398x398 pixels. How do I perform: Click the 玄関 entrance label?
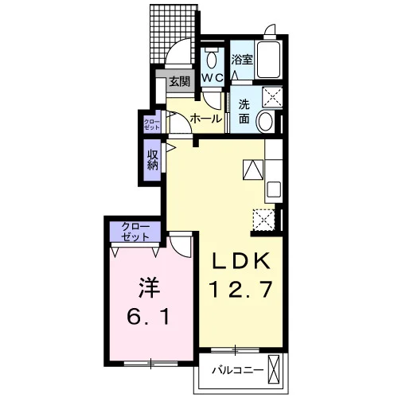(180, 82)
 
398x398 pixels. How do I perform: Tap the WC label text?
(213, 78)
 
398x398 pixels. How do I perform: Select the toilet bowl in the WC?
(212, 59)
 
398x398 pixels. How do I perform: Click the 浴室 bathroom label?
(242, 60)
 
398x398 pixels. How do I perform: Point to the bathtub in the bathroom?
(268, 60)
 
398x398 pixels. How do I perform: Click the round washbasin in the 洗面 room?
(265, 122)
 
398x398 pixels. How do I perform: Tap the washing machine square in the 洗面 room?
(272, 97)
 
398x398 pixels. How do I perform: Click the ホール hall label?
(206, 119)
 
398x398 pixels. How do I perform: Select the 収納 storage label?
(153, 160)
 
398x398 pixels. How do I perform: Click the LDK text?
(240, 261)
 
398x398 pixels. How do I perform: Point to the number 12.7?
(241, 289)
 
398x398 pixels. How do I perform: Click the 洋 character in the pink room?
(150, 287)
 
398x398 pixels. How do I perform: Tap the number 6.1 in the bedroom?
(148, 317)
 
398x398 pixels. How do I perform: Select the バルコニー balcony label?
(237, 370)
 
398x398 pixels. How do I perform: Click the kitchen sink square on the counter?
(273, 189)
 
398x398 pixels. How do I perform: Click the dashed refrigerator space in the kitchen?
(263, 220)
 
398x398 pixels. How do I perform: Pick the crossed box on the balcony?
(274, 369)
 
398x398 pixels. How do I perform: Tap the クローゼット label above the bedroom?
(135, 232)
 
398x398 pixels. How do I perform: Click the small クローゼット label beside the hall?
(152, 125)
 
